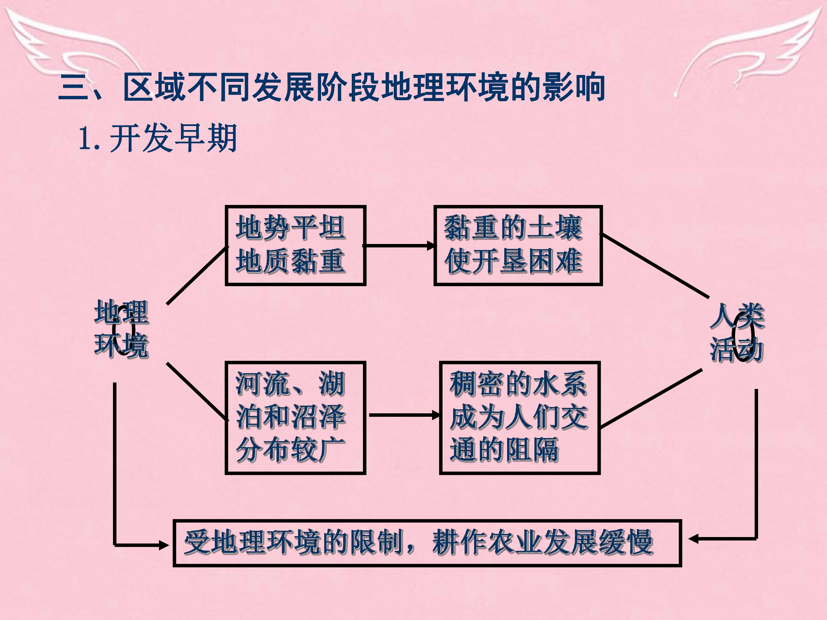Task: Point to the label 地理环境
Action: pos(121,329)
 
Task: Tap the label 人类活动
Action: pos(737,333)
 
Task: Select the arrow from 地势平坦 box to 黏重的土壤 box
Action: pos(399,245)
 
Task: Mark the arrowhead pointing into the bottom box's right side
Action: pos(694,539)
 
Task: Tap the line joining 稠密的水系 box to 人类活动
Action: pos(651,398)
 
